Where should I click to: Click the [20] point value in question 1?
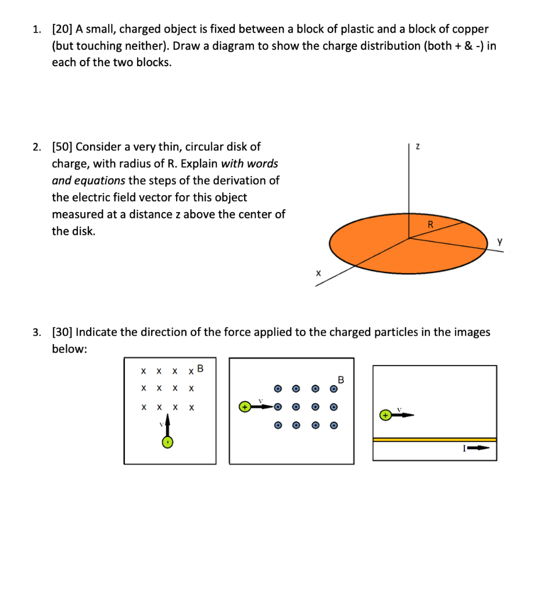pos(62,29)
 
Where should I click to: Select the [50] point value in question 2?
pos(62,147)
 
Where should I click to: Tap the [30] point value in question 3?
pos(62,332)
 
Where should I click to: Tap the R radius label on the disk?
pos(431,225)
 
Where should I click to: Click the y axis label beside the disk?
pos(498,241)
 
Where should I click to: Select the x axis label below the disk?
pos(318,272)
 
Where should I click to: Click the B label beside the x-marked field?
pos(200,368)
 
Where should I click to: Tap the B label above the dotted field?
pos(341,380)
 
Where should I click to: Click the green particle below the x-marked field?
pos(167,443)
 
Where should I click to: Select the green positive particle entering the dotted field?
pos(245,407)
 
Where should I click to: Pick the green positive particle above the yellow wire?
pos(384,415)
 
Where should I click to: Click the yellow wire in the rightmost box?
pos(434,440)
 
